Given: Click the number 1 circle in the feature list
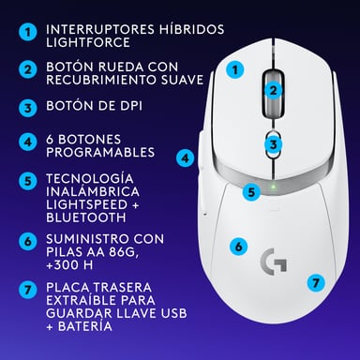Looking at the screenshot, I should click(29, 33).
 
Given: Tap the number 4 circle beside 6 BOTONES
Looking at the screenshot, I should click(29, 143).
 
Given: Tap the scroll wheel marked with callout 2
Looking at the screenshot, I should click(273, 91).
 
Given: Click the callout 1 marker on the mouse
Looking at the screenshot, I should click(236, 68).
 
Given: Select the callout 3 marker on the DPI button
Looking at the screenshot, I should click(273, 144).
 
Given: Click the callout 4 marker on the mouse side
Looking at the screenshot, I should click(186, 158).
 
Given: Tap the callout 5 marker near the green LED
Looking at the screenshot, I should click(250, 192).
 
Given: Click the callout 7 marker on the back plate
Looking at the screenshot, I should click(316, 280).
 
